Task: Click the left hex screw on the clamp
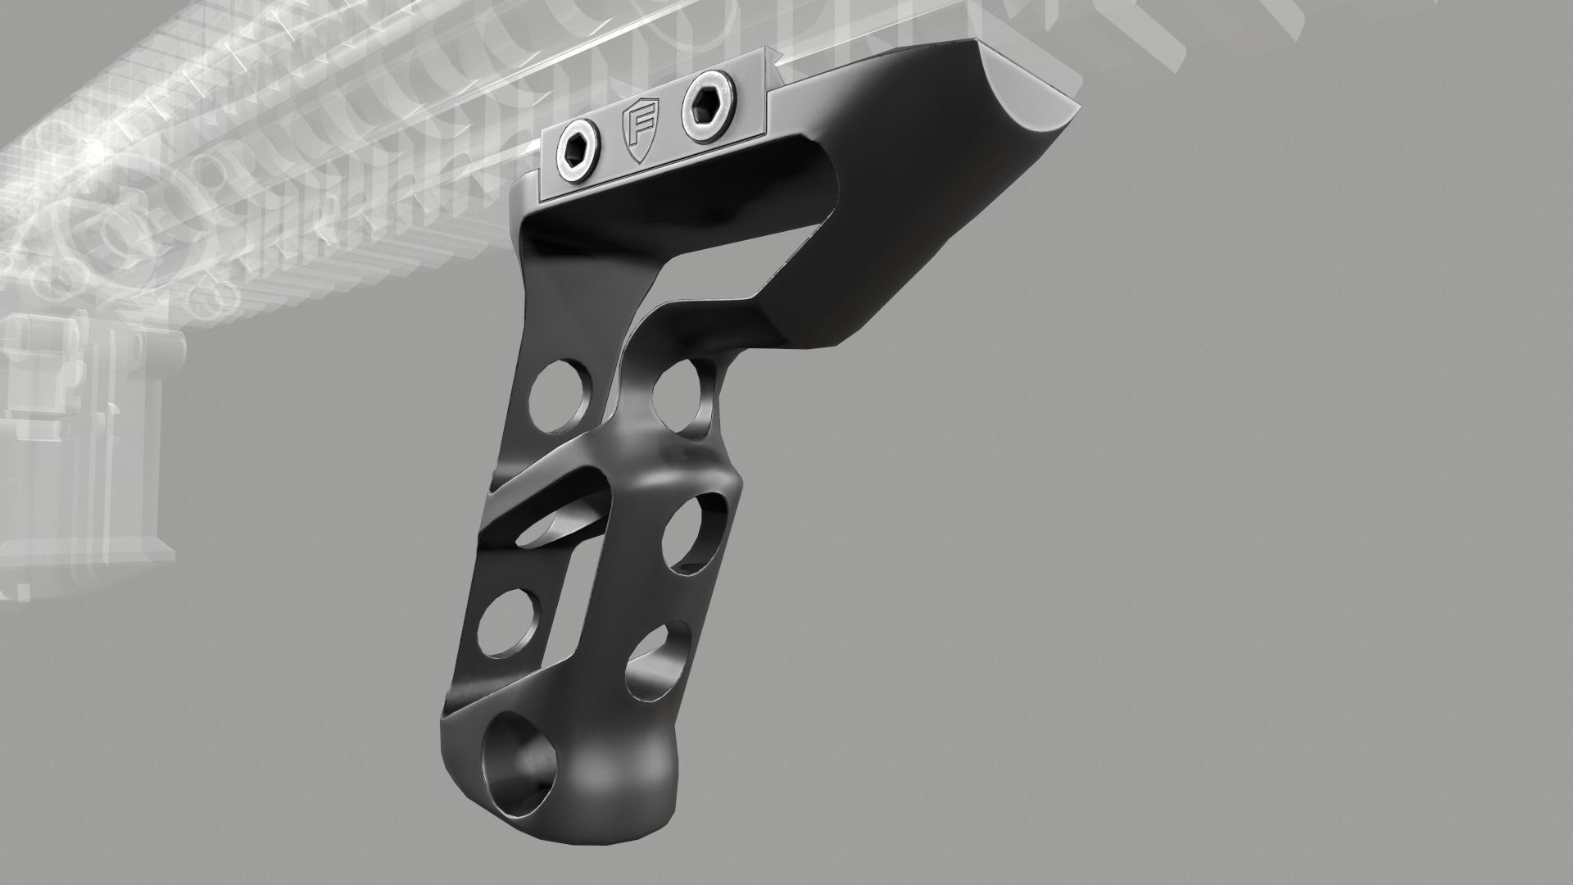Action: click(x=573, y=149)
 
